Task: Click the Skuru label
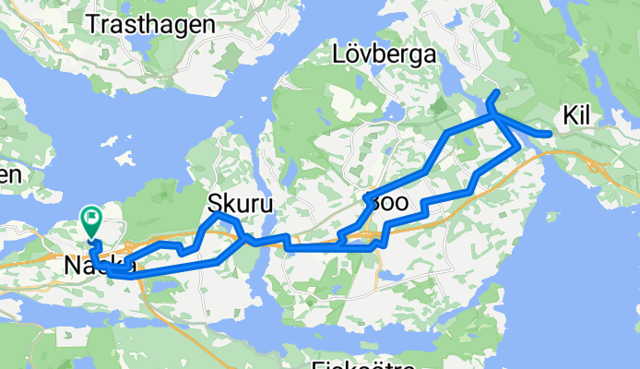(x=241, y=203)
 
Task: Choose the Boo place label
(x=386, y=202)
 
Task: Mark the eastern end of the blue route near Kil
(x=551, y=135)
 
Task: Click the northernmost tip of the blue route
(x=498, y=92)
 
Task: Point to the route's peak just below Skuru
(x=221, y=216)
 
